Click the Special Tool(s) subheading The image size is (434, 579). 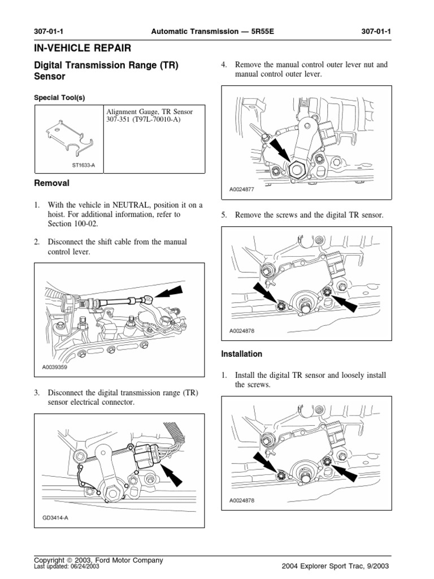click(60, 97)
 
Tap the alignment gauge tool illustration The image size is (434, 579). click(68, 137)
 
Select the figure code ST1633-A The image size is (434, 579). click(84, 165)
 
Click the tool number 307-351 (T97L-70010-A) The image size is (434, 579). click(142, 120)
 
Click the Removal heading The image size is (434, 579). click(52, 183)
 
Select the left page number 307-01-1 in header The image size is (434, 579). click(50, 32)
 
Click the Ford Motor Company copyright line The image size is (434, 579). click(99, 560)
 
